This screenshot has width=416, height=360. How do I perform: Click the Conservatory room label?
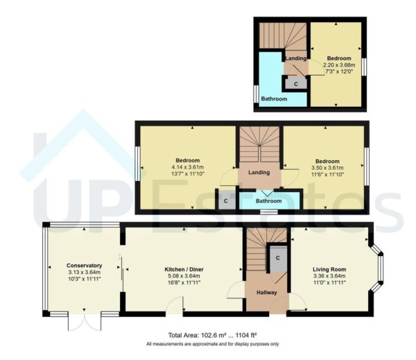tap(85, 265)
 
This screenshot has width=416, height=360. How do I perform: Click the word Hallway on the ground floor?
tap(266, 293)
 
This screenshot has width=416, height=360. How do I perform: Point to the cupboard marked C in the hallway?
tap(278, 257)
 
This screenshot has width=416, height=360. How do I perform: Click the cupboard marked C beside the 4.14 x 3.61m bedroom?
tap(226, 201)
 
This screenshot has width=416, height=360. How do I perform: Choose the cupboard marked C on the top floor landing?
tap(297, 83)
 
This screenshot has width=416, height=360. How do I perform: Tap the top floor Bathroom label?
tap(274, 99)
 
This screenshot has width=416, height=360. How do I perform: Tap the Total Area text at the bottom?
tap(213, 334)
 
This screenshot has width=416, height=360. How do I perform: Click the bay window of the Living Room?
tap(376, 269)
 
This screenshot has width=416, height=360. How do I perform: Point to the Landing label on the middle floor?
tap(259, 173)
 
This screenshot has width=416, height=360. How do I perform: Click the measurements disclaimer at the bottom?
tap(213, 344)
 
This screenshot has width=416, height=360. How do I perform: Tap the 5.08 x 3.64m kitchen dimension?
tap(184, 276)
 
